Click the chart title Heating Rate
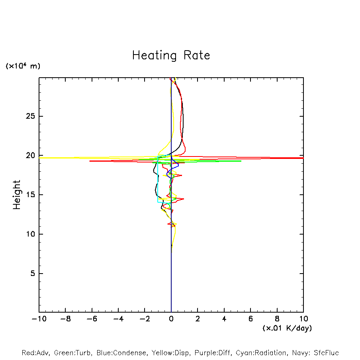171,55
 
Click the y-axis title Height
17,195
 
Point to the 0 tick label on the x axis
171,319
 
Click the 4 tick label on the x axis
224,319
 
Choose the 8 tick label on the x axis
277,319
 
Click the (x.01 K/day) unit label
287,328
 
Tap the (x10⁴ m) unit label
23,66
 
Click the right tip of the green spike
241,161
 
